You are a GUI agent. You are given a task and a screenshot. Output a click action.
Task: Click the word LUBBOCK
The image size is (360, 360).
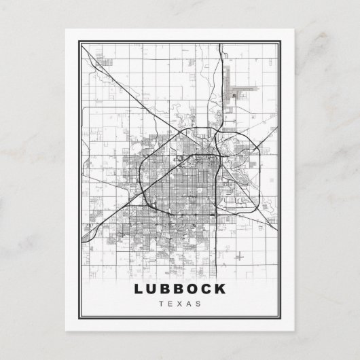coord(180,288)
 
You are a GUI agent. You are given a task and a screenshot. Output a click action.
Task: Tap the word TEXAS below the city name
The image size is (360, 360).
coord(180,303)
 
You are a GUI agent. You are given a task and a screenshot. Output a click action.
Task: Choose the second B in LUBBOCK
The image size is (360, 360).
coord(179,288)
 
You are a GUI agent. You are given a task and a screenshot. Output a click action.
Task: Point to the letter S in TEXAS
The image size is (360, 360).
coord(200,303)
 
